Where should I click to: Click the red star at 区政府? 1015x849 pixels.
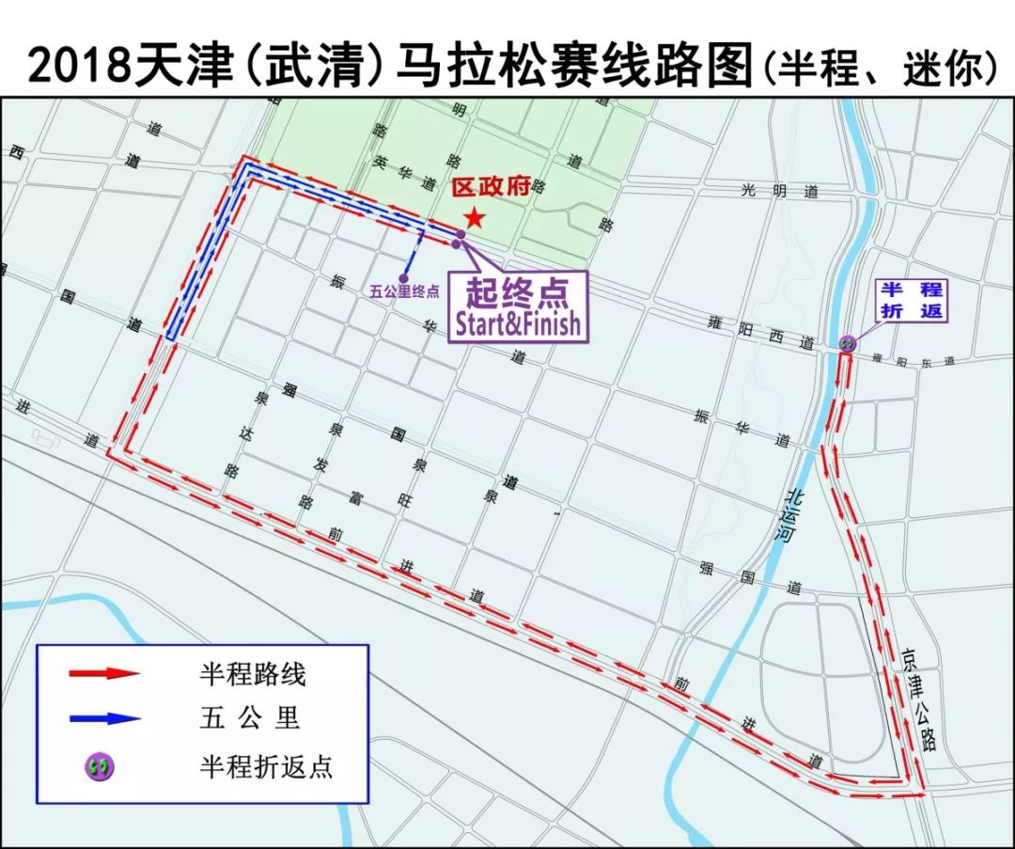click(475, 218)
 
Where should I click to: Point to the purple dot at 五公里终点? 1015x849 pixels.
click(403, 277)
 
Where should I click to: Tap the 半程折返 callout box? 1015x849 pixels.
click(911, 300)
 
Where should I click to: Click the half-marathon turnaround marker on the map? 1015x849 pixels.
click(848, 344)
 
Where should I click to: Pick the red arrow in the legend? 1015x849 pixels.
click(104, 673)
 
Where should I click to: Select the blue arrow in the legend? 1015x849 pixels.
click(104, 718)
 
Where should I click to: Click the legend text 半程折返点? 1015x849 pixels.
click(266, 766)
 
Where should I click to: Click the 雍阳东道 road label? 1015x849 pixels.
click(912, 360)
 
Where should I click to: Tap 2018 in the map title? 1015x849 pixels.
click(80, 67)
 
